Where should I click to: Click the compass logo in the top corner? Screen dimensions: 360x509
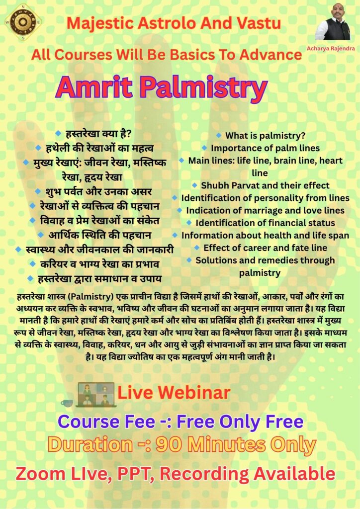coord(23,22)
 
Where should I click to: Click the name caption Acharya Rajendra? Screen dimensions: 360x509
coord(331,48)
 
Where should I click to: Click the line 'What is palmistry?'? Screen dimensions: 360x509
coord(265,136)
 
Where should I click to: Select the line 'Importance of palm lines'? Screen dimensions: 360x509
coord(265,148)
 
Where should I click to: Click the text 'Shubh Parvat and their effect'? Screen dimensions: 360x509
coord(265,185)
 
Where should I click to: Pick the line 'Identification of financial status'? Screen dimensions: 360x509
coord(265,223)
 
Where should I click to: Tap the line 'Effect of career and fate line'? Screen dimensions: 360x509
coord(265,248)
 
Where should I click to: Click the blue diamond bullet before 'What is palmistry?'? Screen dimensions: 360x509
coord(219,135)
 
